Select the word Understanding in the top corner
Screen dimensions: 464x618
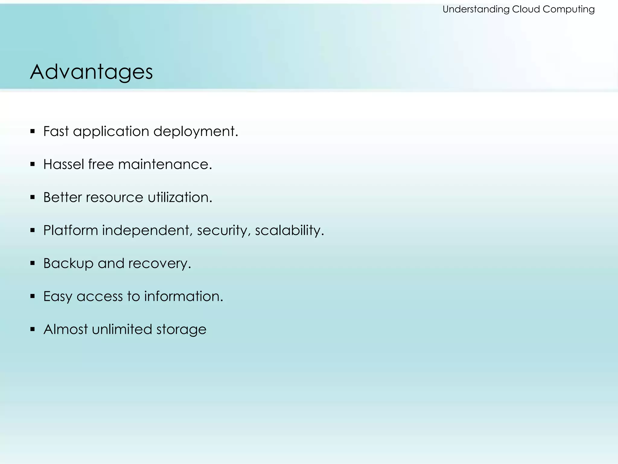pos(476,9)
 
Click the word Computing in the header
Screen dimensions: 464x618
pos(569,9)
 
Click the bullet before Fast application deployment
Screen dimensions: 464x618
pos(33,131)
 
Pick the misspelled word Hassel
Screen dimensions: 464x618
pos(64,164)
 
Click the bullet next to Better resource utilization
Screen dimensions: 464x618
pos(33,197)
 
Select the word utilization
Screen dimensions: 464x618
pos(180,197)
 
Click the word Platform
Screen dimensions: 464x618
pos(71,230)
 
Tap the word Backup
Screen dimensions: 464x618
pos(68,263)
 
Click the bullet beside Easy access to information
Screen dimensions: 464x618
pos(33,296)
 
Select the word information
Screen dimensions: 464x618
pos(183,296)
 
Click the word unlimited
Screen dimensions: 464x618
pos(122,329)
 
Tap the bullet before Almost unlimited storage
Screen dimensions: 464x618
pos(33,329)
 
